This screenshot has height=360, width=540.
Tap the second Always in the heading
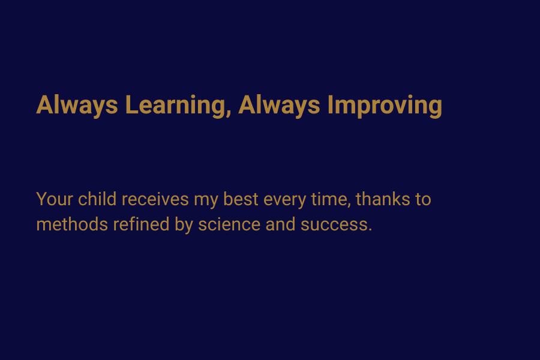pos(279,106)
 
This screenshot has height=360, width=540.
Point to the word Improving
pos(385,106)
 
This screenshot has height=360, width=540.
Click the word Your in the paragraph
pos(55,199)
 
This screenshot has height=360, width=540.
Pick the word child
pos(97,199)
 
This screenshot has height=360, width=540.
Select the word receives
pos(155,199)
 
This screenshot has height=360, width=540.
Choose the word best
pos(241,199)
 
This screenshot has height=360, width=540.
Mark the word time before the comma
pos(329,199)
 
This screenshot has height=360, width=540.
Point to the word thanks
pos(383,199)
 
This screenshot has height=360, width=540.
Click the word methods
pos(72,224)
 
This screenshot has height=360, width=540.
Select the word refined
pos(141,224)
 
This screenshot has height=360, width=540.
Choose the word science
pos(229,224)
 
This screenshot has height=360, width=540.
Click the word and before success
pos(280,224)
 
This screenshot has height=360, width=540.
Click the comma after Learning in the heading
pos(229,115)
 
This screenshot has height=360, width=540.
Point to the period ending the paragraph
pos(370,230)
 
